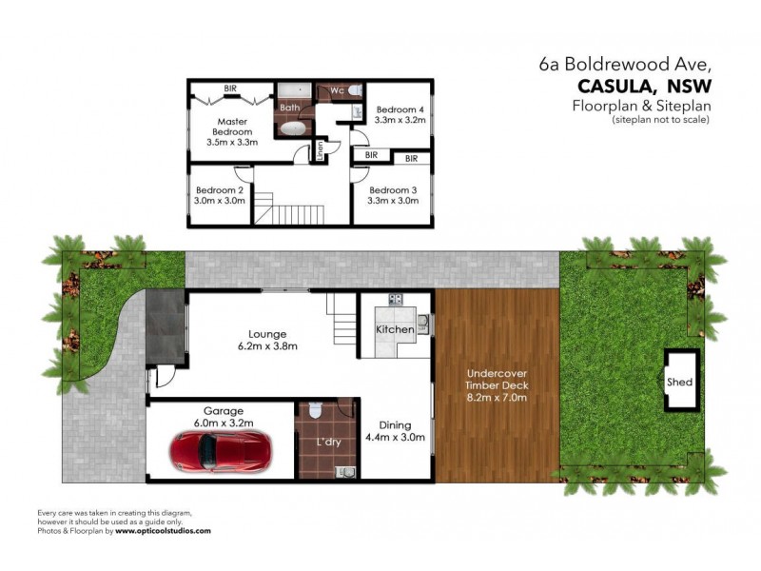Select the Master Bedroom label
coord(231,128)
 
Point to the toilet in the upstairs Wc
coord(354,90)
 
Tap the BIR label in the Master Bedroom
coord(230,89)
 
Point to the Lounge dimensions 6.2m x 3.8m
coord(267,346)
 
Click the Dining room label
coord(396,426)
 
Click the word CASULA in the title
coord(606,86)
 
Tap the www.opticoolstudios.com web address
coord(164,531)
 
